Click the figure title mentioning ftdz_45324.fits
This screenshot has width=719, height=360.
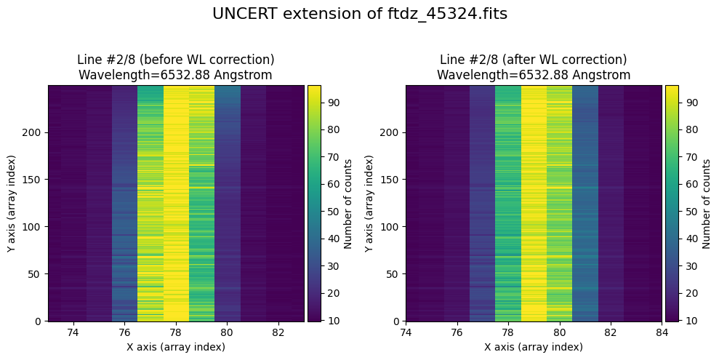[359, 14]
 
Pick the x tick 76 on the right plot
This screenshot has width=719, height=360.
[457, 332]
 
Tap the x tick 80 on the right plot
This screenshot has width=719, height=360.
[559, 332]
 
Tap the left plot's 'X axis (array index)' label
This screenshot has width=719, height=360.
[176, 347]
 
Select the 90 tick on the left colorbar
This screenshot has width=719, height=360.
[333, 103]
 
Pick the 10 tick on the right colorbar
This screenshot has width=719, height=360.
[690, 320]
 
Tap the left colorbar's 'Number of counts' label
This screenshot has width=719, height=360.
[348, 203]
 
